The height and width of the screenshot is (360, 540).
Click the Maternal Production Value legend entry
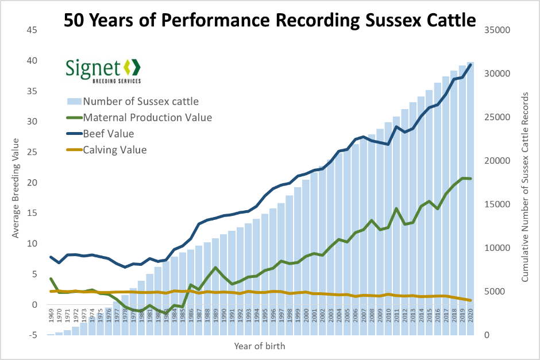coord(147,118)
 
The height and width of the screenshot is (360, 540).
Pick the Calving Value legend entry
coord(115,150)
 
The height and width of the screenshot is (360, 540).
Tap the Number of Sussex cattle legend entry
coord(141,102)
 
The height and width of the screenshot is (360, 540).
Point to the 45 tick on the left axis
coord(33,30)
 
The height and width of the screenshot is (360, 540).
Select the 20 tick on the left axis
coord(33,183)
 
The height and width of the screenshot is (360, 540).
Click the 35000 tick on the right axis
coord(499,30)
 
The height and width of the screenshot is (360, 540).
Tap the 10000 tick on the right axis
coord(499,248)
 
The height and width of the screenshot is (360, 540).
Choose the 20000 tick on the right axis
coord(499,161)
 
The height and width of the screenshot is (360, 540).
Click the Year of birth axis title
coord(259,346)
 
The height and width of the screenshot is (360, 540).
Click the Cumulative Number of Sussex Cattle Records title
coord(525,183)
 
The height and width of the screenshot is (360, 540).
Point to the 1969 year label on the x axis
coord(51,316)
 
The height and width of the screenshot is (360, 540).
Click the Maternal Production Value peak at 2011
coord(396,208)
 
